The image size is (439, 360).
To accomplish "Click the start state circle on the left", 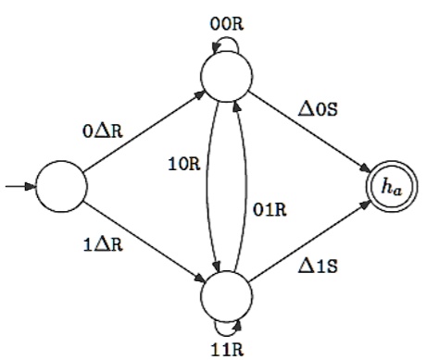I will [61, 188].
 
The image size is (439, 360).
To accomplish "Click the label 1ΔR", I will [101, 249].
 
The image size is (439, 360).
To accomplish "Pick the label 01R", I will [270, 208].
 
